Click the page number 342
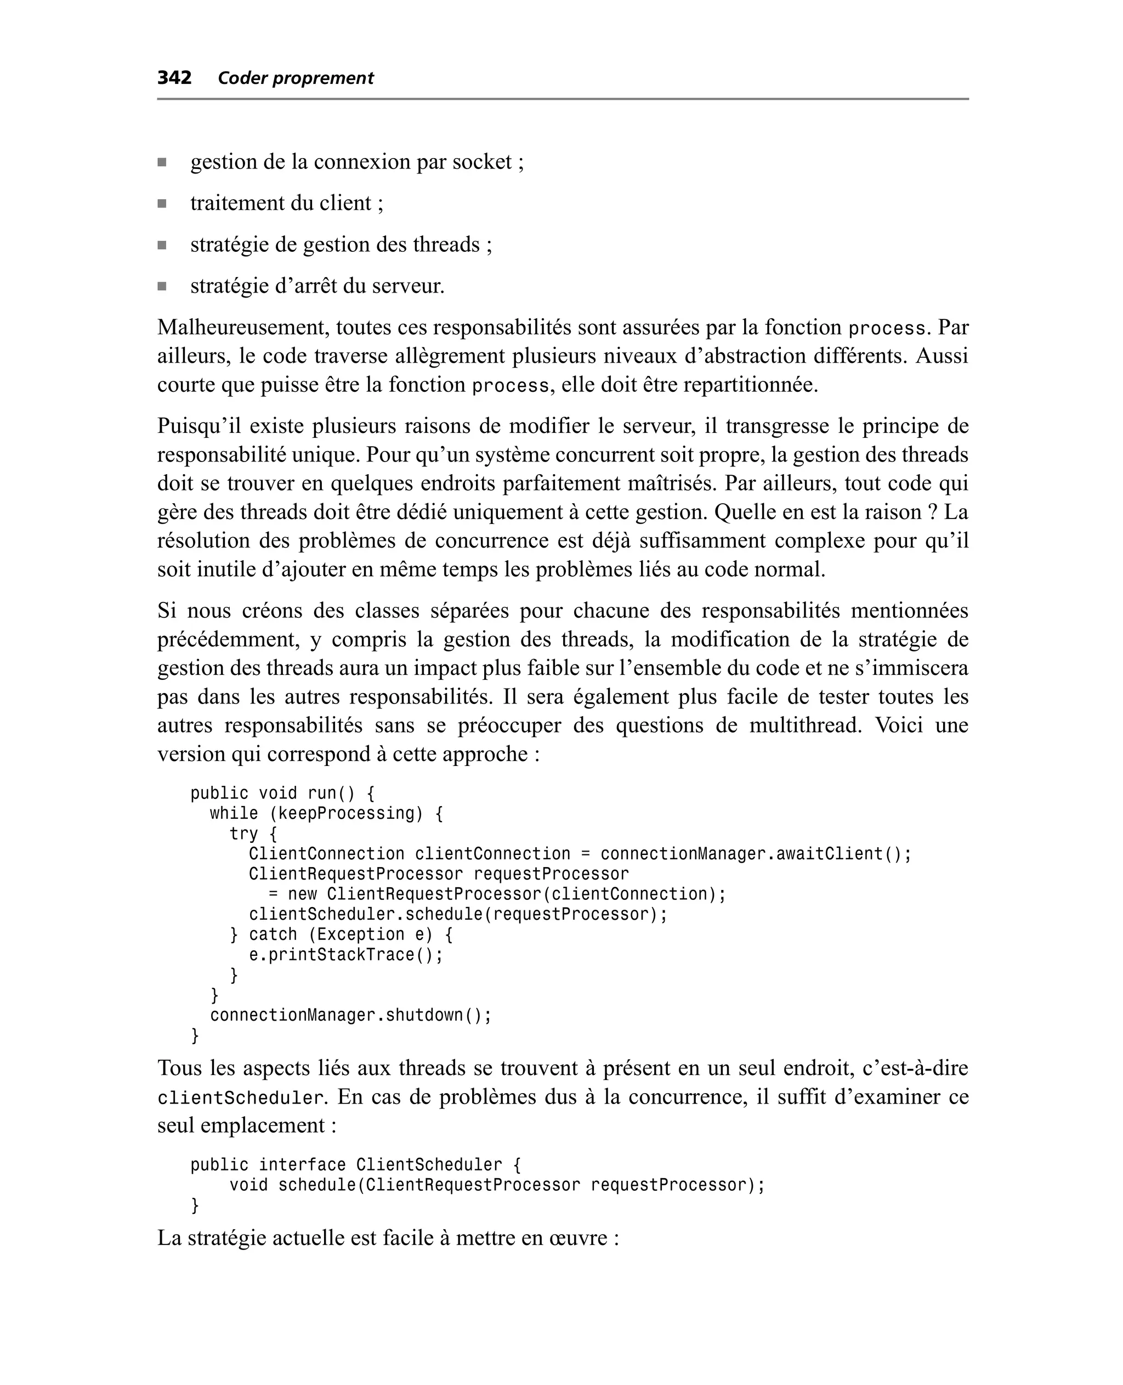point(174,78)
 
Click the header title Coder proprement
point(295,78)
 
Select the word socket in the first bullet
point(481,162)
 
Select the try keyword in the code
point(243,834)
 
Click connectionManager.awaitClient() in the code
point(755,854)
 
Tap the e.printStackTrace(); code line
point(345,955)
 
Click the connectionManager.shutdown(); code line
point(350,1016)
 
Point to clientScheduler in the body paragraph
point(241,1099)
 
